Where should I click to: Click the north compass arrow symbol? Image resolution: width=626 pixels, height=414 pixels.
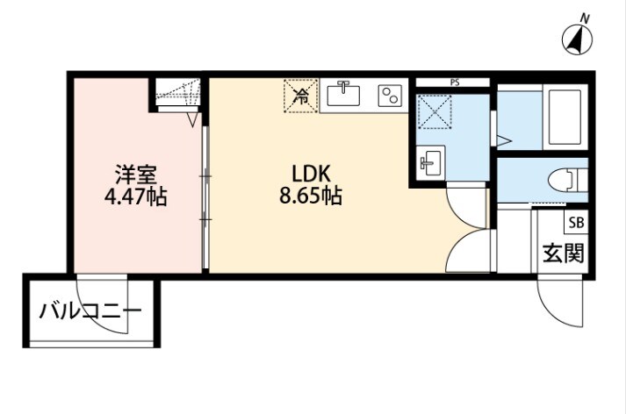coord(577,39)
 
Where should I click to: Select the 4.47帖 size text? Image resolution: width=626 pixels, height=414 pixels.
coord(134,196)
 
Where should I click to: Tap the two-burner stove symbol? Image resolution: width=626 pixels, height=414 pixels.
coord(389,95)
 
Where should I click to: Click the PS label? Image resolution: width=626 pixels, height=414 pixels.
coord(454,82)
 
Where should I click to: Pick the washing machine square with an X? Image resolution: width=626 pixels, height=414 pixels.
coord(434,112)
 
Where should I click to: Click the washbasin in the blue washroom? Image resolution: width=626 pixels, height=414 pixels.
coord(430,162)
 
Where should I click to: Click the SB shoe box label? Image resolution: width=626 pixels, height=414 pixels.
coord(575,222)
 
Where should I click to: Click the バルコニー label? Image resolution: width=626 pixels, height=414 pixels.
coord(90,311)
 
